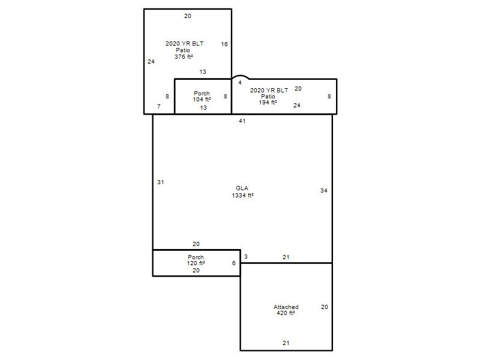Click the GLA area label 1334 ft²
(x=242, y=196)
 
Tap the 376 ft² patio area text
(x=184, y=56)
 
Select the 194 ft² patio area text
(x=268, y=102)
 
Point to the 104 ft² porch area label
(x=202, y=99)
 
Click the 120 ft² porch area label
(x=196, y=263)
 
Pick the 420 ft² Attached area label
(x=286, y=313)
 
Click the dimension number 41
(x=242, y=121)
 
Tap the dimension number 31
(x=160, y=182)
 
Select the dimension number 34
(x=324, y=190)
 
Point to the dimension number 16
(x=224, y=44)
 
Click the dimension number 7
(x=158, y=107)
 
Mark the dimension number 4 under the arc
(x=240, y=82)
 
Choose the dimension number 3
(x=246, y=257)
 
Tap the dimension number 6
(x=234, y=263)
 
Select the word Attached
(x=286, y=307)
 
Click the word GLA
(x=242, y=188)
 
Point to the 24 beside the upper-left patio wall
(x=151, y=62)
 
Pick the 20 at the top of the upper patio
(x=188, y=16)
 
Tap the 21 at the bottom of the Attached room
(x=286, y=343)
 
